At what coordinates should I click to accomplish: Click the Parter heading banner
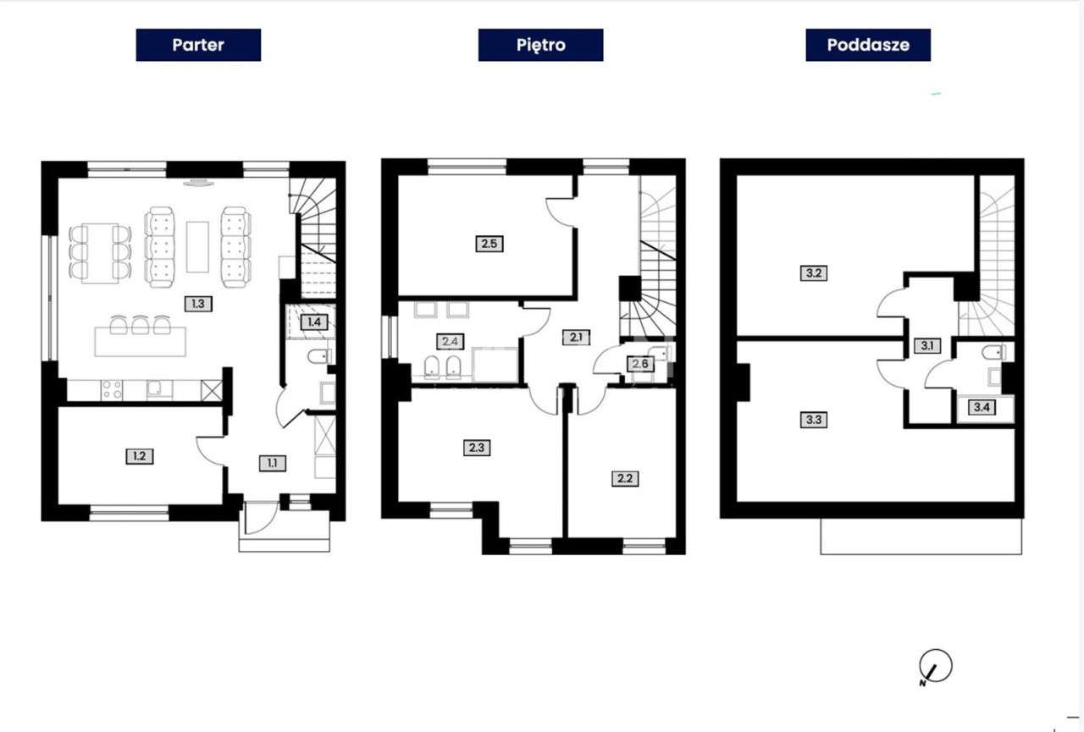pyautogui.click(x=198, y=45)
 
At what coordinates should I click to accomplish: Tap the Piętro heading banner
pyautogui.click(x=540, y=45)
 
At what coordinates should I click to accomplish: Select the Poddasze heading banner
pyautogui.click(x=868, y=45)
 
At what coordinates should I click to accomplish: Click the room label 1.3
pyautogui.click(x=198, y=304)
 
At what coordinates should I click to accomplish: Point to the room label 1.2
pyautogui.click(x=140, y=456)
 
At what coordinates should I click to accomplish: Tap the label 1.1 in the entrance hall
pyautogui.click(x=273, y=463)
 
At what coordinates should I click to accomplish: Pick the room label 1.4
pyautogui.click(x=314, y=322)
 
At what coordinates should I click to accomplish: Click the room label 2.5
pyautogui.click(x=489, y=243)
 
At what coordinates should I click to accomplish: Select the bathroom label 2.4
pyautogui.click(x=450, y=341)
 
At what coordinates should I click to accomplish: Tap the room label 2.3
pyautogui.click(x=477, y=448)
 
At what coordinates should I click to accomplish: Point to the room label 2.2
pyautogui.click(x=625, y=479)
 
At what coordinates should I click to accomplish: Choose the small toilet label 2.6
pyautogui.click(x=640, y=363)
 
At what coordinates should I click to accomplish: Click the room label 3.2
pyautogui.click(x=814, y=273)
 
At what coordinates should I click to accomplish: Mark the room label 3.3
pyautogui.click(x=814, y=419)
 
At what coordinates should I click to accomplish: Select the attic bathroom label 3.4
pyautogui.click(x=982, y=407)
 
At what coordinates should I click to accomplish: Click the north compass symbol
pyautogui.click(x=935, y=667)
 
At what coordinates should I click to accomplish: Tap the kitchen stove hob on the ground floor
pyautogui.click(x=112, y=390)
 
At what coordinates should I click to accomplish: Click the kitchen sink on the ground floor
pyautogui.click(x=159, y=389)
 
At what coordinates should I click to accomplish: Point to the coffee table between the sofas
pyautogui.click(x=197, y=247)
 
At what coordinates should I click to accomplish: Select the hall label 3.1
pyautogui.click(x=926, y=346)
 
